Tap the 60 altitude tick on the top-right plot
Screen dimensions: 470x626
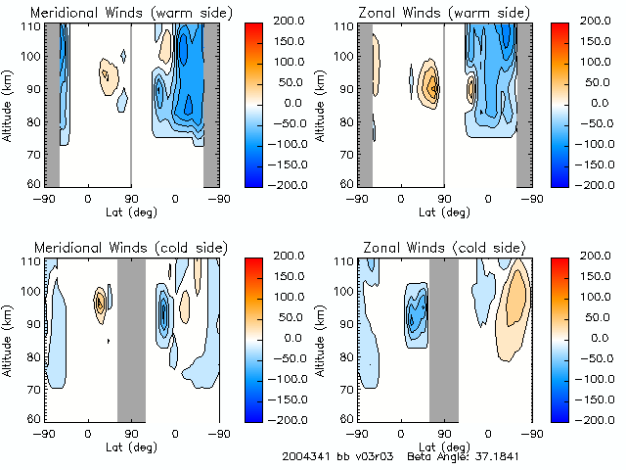(345, 183)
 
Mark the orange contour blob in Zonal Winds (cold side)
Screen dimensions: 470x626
(513, 304)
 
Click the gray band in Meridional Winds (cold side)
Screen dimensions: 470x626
(131, 338)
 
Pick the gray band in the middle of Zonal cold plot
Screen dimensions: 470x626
(443, 338)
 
